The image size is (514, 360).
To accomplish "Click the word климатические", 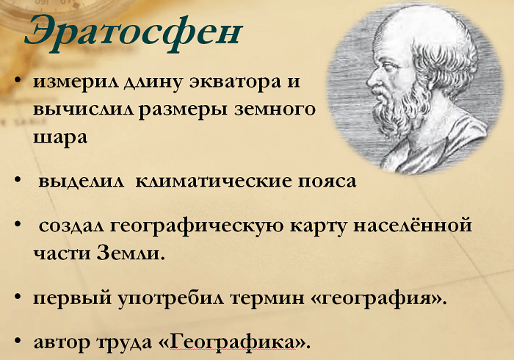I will [207, 181].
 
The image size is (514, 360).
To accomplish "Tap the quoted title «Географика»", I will [245, 342].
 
